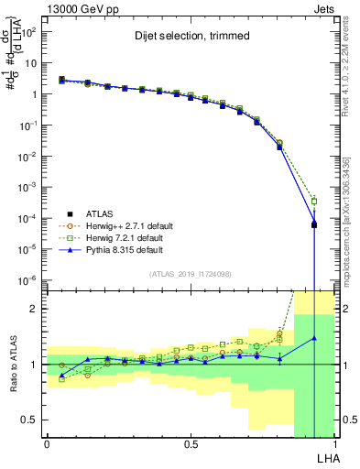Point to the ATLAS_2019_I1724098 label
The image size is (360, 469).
tap(190, 275)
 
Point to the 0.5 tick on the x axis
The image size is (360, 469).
tap(191, 445)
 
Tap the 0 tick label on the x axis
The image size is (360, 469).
tap(46, 445)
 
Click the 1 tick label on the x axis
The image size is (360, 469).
tap(334, 445)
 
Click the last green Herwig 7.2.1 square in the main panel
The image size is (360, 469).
tap(314, 201)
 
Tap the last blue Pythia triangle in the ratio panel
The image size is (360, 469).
tap(314, 338)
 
